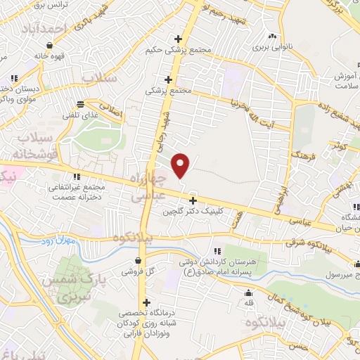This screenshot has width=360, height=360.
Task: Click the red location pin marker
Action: tap(181, 165)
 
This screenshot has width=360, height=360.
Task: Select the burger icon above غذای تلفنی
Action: tap(81, 103)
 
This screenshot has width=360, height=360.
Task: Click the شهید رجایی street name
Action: tap(167, 128)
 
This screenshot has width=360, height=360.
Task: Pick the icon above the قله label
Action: tap(247, 293)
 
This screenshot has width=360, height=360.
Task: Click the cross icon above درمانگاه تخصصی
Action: tap(146, 302)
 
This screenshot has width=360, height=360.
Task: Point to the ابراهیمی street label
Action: tap(282, 198)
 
